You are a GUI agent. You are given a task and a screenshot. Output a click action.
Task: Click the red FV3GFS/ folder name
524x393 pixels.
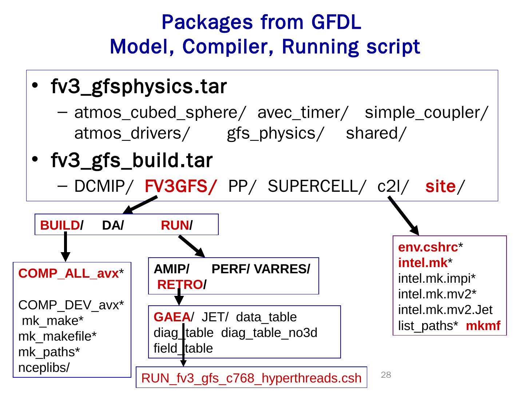(180, 187)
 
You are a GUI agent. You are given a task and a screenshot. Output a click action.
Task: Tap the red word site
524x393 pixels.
(440, 187)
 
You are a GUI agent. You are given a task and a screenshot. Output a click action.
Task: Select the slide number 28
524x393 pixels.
(386, 375)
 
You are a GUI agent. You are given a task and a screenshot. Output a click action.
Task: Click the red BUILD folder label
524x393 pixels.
(60, 226)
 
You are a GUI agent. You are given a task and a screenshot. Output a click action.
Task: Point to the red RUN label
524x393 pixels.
(175, 226)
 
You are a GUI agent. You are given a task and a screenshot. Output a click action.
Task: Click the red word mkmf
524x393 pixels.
(483, 326)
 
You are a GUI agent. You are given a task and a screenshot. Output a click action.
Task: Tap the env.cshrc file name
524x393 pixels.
(428, 247)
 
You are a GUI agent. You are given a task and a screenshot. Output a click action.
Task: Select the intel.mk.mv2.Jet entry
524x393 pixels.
(445, 310)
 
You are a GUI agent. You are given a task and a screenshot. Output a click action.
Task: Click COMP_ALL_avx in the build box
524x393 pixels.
(69, 274)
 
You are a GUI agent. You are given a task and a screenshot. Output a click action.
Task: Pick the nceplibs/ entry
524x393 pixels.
(44, 368)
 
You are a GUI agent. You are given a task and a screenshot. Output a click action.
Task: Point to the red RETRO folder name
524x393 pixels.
(180, 285)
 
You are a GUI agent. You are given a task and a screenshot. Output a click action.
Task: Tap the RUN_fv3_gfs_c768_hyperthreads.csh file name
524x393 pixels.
(251, 378)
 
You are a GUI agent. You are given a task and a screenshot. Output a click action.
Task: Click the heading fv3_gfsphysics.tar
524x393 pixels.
(139, 87)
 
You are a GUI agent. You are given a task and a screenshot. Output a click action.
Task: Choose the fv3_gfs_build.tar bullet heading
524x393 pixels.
(132, 160)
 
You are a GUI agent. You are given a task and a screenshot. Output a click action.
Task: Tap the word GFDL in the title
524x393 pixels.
(336, 22)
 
